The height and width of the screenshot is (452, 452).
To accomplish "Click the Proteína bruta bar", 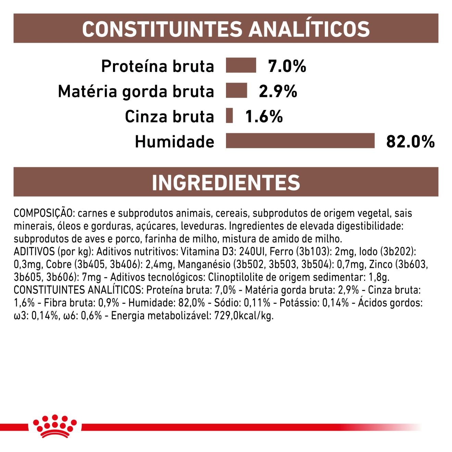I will [x=241, y=65].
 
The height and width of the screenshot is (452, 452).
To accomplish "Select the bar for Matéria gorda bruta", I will [x=236, y=91].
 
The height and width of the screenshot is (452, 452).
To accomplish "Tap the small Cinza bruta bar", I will [x=229, y=116].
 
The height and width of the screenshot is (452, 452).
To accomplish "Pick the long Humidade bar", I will [x=300, y=141].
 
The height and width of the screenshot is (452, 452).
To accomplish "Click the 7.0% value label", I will [x=287, y=66].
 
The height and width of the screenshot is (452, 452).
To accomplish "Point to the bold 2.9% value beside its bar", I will [x=278, y=91].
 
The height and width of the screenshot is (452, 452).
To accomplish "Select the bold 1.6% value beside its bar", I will [x=264, y=116].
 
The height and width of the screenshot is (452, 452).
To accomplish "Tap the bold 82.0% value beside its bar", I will [x=410, y=141].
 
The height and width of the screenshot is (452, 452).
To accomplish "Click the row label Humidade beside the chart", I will [x=174, y=141].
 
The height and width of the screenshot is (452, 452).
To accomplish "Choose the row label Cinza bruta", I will [x=169, y=116].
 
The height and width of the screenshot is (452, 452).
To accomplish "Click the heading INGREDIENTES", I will [x=226, y=183].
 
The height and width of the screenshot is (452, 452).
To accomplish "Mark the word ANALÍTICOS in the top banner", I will [x=309, y=29].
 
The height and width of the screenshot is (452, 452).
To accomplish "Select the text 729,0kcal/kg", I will [x=244, y=316].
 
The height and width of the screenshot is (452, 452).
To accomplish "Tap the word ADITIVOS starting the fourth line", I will [x=34, y=252].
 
